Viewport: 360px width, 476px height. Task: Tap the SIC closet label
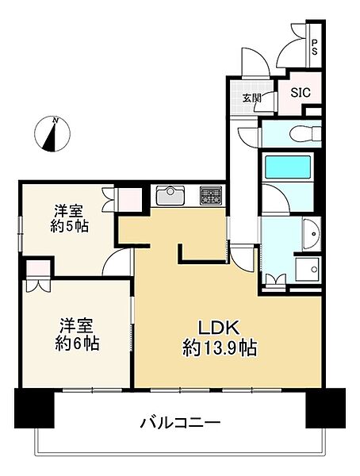tap(301, 92)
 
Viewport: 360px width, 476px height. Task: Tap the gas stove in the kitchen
tap(212, 195)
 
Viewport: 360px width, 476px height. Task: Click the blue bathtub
tap(288, 168)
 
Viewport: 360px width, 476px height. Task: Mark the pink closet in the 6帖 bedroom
tap(36, 274)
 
